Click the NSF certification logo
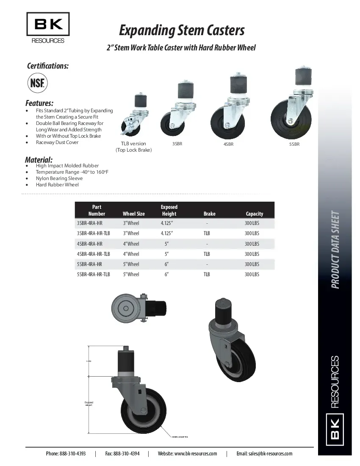click(x=37, y=83)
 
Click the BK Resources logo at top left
click(x=48, y=28)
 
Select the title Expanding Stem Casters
click(x=181, y=31)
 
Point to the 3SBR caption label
click(x=177, y=144)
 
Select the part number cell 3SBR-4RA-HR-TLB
click(x=93, y=233)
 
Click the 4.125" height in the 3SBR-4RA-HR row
click(x=167, y=223)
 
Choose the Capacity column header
click(x=254, y=214)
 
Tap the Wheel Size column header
click(x=133, y=214)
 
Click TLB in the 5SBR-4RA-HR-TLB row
click(x=207, y=275)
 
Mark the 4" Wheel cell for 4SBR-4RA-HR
click(x=131, y=244)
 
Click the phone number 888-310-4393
click(x=72, y=454)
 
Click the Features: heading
click(x=39, y=103)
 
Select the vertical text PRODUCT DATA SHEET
click(x=335, y=250)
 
